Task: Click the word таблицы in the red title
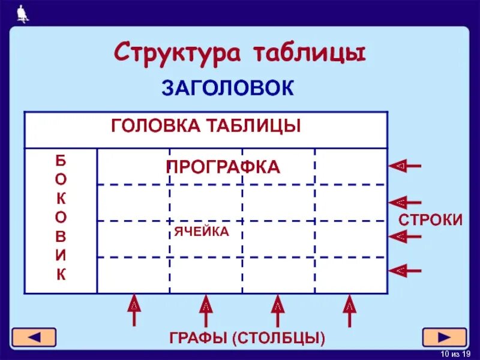(308, 53)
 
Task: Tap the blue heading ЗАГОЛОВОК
(227, 88)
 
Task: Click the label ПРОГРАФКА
(223, 167)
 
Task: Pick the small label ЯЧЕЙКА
(202, 232)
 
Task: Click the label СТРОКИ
(431, 220)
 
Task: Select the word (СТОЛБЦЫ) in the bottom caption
(278, 338)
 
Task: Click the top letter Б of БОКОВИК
(61, 160)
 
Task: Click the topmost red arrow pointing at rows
(406, 165)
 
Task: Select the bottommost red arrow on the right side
(406, 271)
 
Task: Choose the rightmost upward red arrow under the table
(350, 310)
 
